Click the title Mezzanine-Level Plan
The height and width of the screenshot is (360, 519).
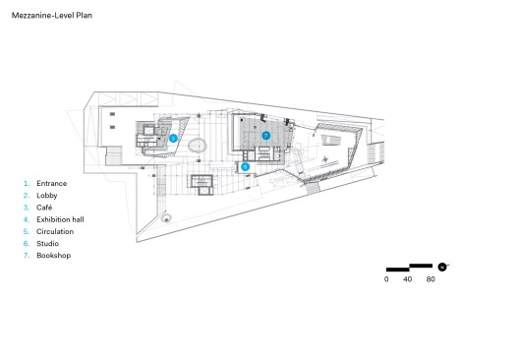click(52, 15)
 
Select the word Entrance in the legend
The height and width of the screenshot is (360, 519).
click(52, 184)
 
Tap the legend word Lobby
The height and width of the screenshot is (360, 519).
click(46, 196)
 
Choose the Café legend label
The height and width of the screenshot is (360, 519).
click(44, 208)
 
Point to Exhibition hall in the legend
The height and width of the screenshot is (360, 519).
click(60, 219)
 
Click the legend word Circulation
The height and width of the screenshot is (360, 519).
click(55, 231)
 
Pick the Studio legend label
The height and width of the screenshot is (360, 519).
click(47, 243)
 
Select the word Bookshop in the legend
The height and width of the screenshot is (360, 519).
click(54, 256)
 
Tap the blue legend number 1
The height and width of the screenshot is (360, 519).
click(27, 184)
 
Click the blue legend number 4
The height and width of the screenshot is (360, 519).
click(27, 219)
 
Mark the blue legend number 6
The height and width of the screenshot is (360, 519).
click(27, 243)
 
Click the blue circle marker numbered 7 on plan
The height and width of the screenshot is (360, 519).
click(265, 136)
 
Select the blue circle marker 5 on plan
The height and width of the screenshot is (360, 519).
click(246, 167)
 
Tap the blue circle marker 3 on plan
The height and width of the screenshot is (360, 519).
click(173, 138)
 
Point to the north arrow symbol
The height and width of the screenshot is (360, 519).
click(442, 267)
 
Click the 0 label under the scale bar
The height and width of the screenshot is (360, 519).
click(386, 279)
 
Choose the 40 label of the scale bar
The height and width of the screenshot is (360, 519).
click(408, 279)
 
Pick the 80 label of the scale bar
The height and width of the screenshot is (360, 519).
click(431, 279)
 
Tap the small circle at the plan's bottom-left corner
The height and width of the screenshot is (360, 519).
click(166, 218)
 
